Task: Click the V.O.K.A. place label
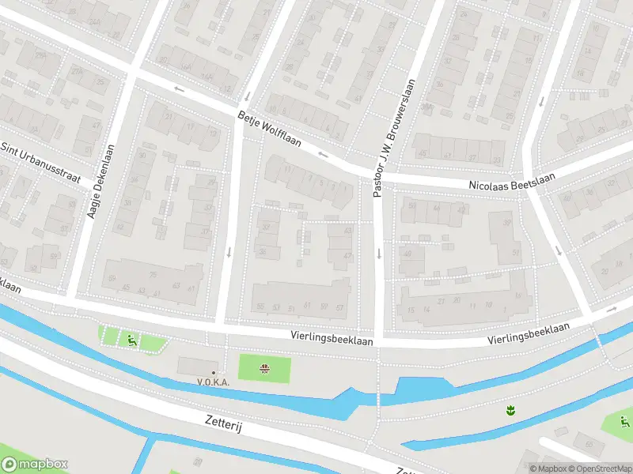214,382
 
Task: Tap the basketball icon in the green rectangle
265,368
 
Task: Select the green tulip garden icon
510,409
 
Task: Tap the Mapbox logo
35,465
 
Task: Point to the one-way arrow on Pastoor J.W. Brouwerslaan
379,254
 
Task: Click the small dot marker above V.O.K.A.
213,372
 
